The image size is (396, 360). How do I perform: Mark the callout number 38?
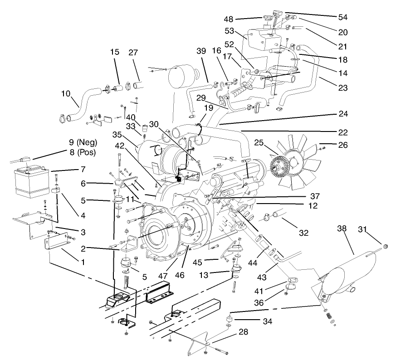(342, 229)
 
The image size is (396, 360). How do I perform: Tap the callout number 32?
(303, 233)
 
